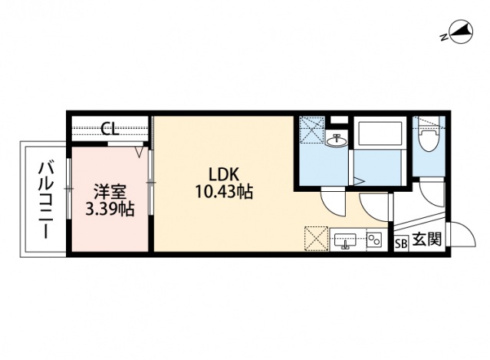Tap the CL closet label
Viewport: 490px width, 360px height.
pos(110,129)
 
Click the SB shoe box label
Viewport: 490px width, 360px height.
pos(400,243)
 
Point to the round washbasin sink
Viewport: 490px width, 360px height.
pos(337,140)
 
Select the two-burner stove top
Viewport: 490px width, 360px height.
pos(374,240)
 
